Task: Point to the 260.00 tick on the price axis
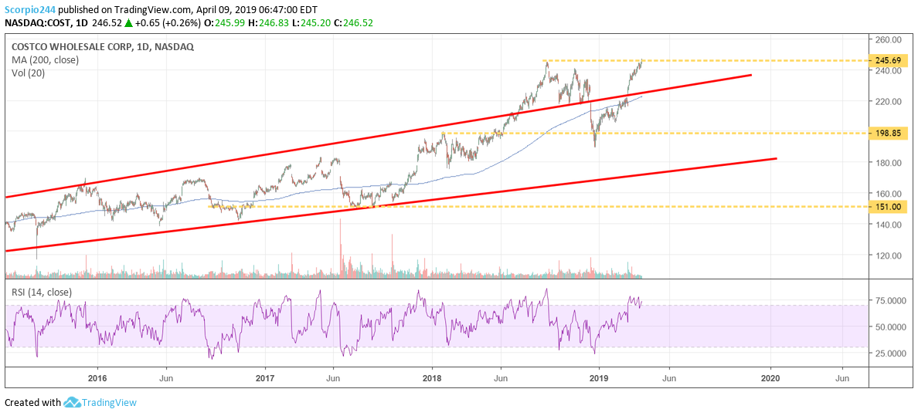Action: pyautogui.click(x=889, y=39)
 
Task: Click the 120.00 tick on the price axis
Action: pyautogui.click(x=889, y=255)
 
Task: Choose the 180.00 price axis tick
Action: pyautogui.click(x=889, y=163)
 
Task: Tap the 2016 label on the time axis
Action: pyautogui.click(x=97, y=378)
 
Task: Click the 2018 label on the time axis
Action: pyautogui.click(x=431, y=378)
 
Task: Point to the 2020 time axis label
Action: pyautogui.click(x=770, y=378)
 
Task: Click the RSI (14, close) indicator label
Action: pyautogui.click(x=42, y=292)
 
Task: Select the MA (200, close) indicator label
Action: pyautogui.click(x=45, y=59)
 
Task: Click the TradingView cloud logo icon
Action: pyautogui.click(x=73, y=402)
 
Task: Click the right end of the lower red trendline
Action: pyautogui.click(x=775, y=158)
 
